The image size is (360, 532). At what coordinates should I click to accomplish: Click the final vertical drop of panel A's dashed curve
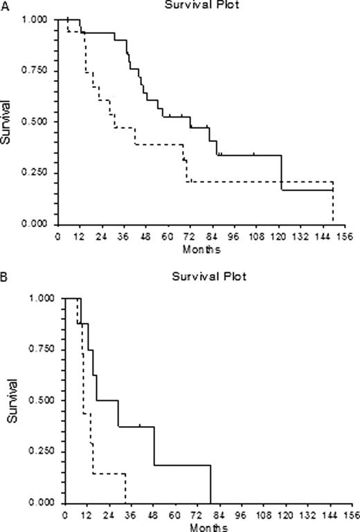pos(334,203)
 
